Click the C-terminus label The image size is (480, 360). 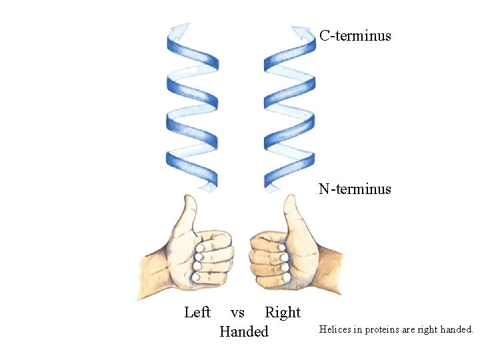click(x=355, y=35)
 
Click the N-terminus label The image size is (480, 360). click(x=355, y=189)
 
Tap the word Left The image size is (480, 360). click(x=197, y=312)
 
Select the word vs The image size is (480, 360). click(x=237, y=312)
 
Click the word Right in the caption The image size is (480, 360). click(x=283, y=312)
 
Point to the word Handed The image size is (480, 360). click(x=244, y=331)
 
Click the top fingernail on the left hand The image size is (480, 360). click(x=199, y=247)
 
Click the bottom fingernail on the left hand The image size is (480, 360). click(x=196, y=276)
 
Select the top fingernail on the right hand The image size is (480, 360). click(x=283, y=247)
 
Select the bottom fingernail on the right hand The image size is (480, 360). click(x=286, y=276)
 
